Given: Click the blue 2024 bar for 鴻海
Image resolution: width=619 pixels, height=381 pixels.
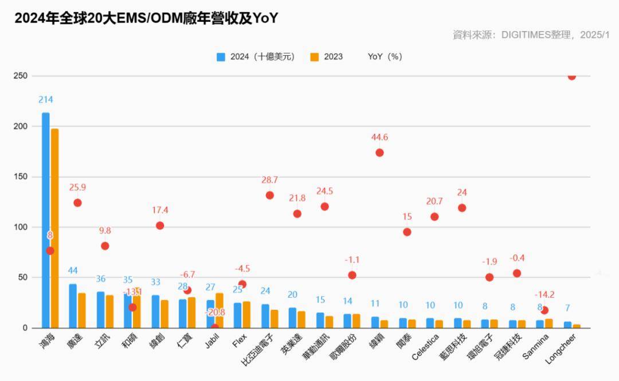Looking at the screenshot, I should click(x=46, y=220).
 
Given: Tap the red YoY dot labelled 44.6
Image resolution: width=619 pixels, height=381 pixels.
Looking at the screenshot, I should click(x=379, y=153).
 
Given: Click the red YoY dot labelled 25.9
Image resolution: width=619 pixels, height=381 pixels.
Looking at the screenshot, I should click(x=77, y=203).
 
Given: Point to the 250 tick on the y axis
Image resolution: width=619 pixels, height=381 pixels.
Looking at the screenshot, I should click(x=21, y=76).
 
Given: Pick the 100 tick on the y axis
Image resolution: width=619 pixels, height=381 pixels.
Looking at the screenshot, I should click(x=21, y=227).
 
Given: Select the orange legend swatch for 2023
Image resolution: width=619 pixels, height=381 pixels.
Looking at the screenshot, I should click(x=314, y=57).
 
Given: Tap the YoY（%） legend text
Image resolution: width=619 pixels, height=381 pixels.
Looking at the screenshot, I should click(x=385, y=57).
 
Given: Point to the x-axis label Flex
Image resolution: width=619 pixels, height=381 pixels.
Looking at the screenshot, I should click(x=240, y=341).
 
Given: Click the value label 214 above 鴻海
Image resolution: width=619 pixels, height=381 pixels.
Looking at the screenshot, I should click(x=46, y=100).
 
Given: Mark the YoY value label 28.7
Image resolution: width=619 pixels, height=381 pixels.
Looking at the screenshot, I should click(x=269, y=180).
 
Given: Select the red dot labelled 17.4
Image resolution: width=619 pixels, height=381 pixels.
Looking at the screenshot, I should click(x=160, y=226).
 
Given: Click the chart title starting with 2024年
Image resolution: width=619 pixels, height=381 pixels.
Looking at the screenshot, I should click(x=146, y=18).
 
